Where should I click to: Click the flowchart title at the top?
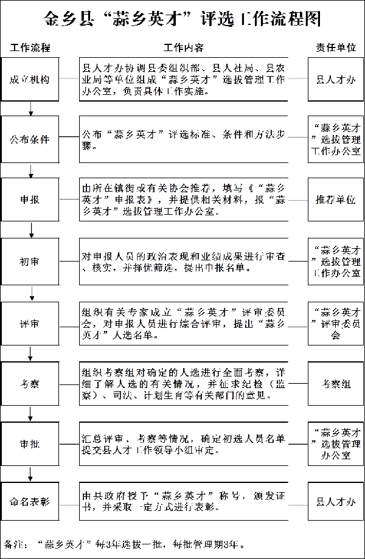[182, 21]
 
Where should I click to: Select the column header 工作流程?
[30, 47]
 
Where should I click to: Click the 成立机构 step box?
[30, 79]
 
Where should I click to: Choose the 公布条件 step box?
[30, 139]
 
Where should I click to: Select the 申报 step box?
[30, 200]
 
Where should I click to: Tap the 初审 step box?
[30, 261]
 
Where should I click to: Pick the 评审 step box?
[30, 322]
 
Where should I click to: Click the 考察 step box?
[30, 383]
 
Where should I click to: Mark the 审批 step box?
[30, 443]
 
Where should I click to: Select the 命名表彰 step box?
[30, 502]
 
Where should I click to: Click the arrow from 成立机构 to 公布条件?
[30, 108]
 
